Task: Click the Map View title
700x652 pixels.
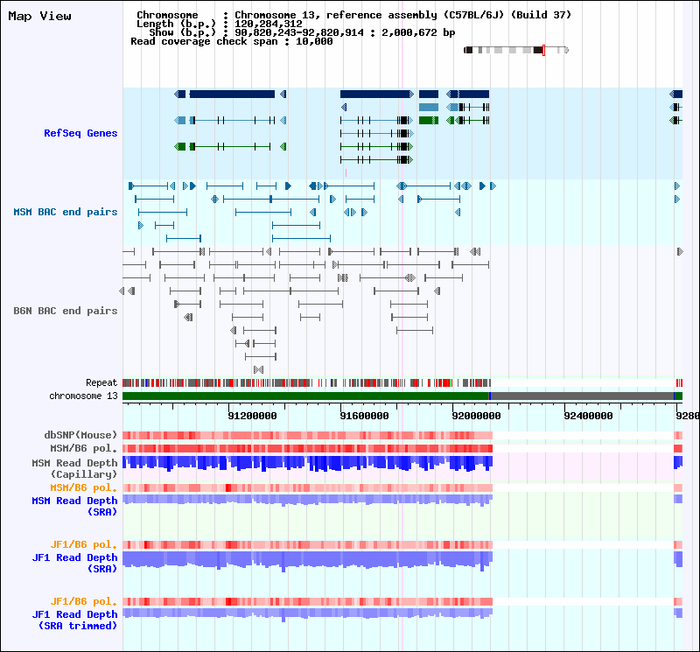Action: pos(40,17)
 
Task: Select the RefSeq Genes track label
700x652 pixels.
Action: pos(80,133)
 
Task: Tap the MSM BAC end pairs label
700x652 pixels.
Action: pos(66,212)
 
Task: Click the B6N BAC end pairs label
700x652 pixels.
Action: pos(66,311)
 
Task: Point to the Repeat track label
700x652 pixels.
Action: pos(101,383)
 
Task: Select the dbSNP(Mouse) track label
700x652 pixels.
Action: pos(81,435)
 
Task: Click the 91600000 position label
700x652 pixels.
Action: pos(363,415)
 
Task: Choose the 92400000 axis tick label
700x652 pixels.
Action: pos(588,415)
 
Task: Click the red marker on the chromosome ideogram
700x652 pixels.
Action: pos(543,50)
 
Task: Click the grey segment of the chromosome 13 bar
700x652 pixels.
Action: pos(582,396)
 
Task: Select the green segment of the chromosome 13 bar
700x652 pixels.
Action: pos(305,396)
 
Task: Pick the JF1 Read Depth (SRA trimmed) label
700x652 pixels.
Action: pos(75,620)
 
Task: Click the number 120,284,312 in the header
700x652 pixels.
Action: pos(265,24)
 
